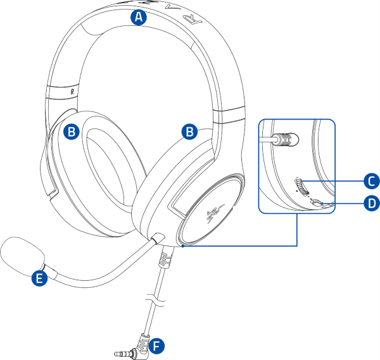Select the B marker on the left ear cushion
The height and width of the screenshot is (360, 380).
(72, 132)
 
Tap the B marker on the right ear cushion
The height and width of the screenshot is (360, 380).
(189, 131)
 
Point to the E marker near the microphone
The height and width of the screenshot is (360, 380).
(40, 277)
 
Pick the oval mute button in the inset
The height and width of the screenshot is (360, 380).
(317, 203)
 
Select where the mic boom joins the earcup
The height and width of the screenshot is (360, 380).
(156, 239)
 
